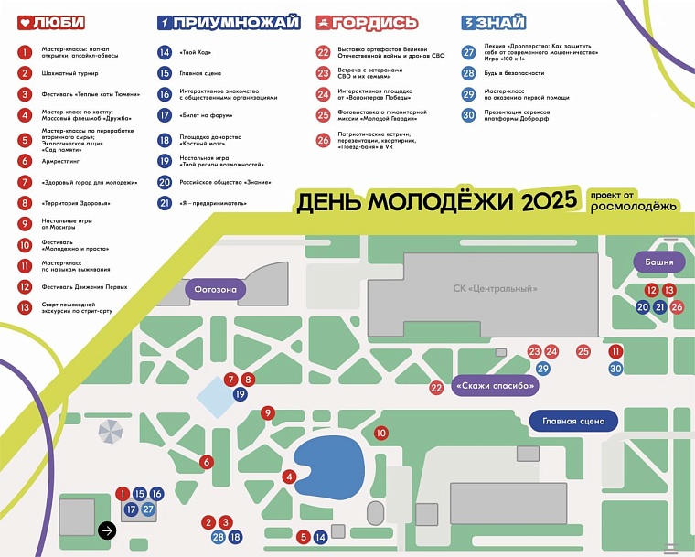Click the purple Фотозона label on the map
pyautogui.click(x=217, y=290)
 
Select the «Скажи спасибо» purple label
pyautogui.click(x=494, y=387)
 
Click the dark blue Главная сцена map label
pyautogui.click(x=573, y=422)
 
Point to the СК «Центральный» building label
pyautogui.click(x=495, y=289)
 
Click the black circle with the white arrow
pyautogui.click(x=107, y=529)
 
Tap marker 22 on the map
pyautogui.click(x=436, y=388)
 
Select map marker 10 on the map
pyautogui.click(x=381, y=433)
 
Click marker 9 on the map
pyautogui.click(x=267, y=413)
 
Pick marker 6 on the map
pyautogui.click(x=207, y=462)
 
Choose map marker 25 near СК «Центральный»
pyautogui.click(x=583, y=351)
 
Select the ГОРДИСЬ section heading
pyautogui.click(x=368, y=23)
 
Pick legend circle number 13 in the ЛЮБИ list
pyautogui.click(x=25, y=308)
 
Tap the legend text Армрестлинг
pyautogui.click(x=59, y=161)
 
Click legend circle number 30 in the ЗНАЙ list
pyautogui.click(x=468, y=115)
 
